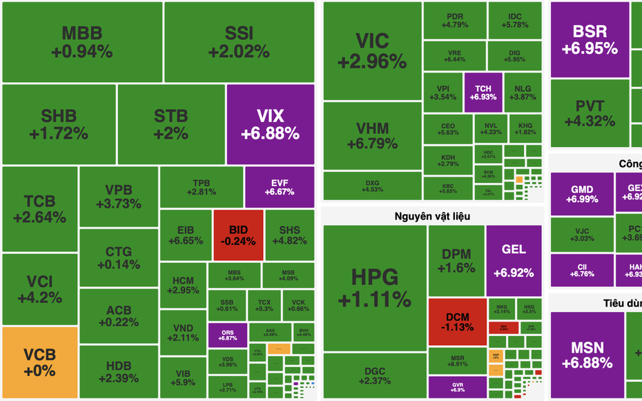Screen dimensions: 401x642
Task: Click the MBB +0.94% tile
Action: tap(81, 42)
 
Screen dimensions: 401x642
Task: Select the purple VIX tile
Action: tap(270, 124)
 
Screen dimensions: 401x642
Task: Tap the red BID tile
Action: tap(238, 235)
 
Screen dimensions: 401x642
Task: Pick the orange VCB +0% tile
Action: tap(39, 362)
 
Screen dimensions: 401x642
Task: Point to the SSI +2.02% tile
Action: tap(239, 42)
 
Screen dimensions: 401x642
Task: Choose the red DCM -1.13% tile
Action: tap(457, 321)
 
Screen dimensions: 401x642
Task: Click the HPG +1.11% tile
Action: tap(374, 288)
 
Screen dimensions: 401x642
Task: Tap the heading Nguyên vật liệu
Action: tap(433, 216)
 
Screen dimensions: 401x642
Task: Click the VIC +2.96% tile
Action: tap(372, 50)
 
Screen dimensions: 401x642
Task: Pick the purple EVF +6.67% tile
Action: tap(280, 187)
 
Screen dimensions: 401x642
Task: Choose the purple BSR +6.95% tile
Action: tap(589, 39)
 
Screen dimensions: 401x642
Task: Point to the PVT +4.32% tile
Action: tap(589, 113)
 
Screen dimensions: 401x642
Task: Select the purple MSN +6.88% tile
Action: tap(587, 355)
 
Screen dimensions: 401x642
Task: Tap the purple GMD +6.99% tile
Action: tap(581, 194)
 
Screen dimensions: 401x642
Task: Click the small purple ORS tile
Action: tap(227, 335)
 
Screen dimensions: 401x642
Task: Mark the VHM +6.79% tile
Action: tap(372, 136)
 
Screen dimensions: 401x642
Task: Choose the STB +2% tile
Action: tap(171, 124)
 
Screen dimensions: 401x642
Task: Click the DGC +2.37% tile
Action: tap(374, 375)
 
